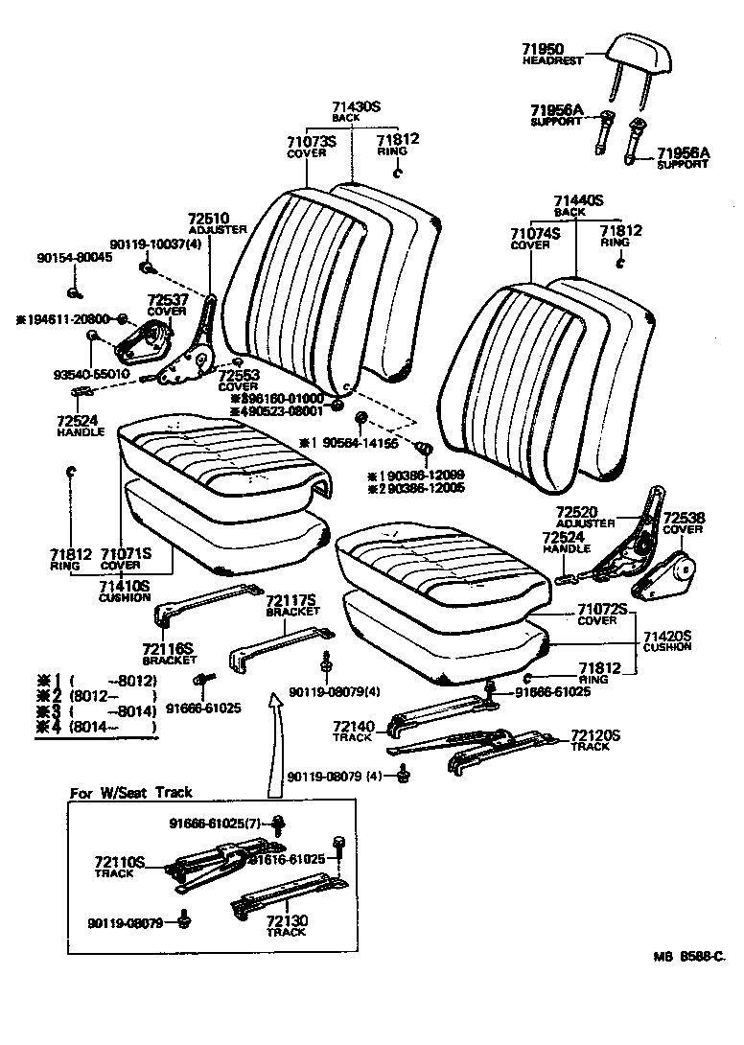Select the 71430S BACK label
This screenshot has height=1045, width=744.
point(356,112)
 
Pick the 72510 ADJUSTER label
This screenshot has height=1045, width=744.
point(217,223)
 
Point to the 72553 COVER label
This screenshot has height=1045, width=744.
point(239,381)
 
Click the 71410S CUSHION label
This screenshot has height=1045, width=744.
point(125,591)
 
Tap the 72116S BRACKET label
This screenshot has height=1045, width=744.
point(169,654)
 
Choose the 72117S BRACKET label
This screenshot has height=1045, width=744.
point(291,605)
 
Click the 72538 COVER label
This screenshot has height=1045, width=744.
point(684,522)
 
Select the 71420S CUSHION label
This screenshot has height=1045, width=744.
point(666,640)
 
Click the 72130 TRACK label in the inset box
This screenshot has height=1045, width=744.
point(286,925)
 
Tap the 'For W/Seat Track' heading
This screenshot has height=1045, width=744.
point(131,792)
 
